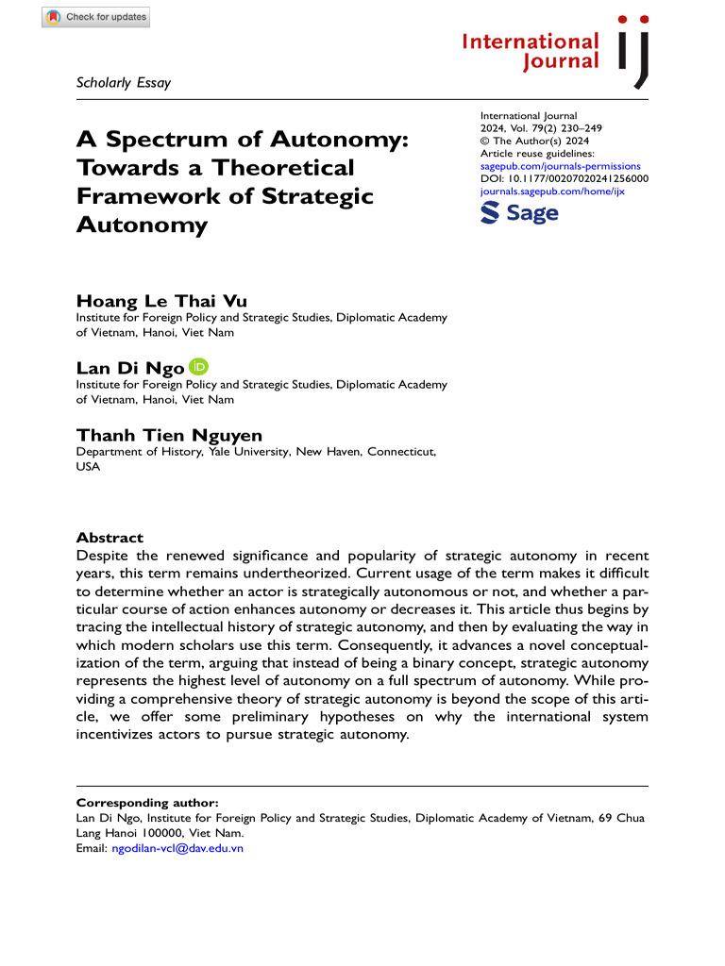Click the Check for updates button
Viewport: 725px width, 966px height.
point(95,17)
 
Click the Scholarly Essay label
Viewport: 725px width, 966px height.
point(123,82)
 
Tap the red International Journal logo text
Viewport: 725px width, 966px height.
point(531,52)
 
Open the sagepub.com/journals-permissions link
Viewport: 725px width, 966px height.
point(560,166)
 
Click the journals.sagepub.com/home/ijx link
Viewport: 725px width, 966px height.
point(552,191)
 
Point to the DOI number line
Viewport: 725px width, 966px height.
point(564,178)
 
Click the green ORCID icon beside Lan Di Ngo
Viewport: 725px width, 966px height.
point(198,366)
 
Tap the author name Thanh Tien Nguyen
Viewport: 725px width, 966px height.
point(169,435)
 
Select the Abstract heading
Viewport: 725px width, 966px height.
point(110,537)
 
